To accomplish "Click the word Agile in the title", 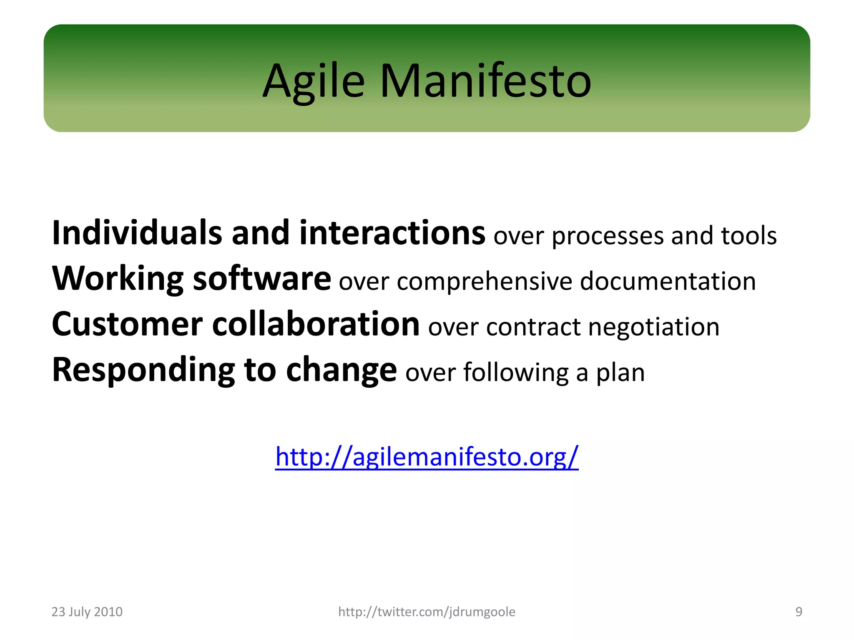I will coord(314,81).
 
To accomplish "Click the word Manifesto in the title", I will coord(485,81).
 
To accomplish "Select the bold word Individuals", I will coord(137,233).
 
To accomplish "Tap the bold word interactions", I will coord(392,233).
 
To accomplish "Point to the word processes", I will coord(607,236).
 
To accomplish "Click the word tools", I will coord(749,235).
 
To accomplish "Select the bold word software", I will coord(262,279).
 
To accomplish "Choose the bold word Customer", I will coord(127,325).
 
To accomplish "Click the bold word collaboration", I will coord(316,324).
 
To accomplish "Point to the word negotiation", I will coord(653,327).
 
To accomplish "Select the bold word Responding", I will coord(143,371).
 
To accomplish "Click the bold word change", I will coord(341,371).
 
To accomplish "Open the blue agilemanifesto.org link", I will coord(427,457).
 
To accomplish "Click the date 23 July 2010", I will coord(87,612).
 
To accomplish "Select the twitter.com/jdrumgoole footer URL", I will coord(427,612).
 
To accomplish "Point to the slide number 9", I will coord(799,612).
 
